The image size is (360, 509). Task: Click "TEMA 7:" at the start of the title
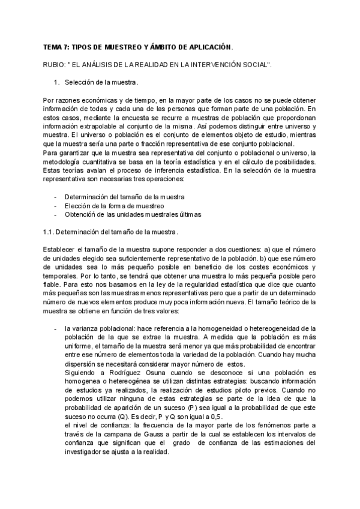57,46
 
